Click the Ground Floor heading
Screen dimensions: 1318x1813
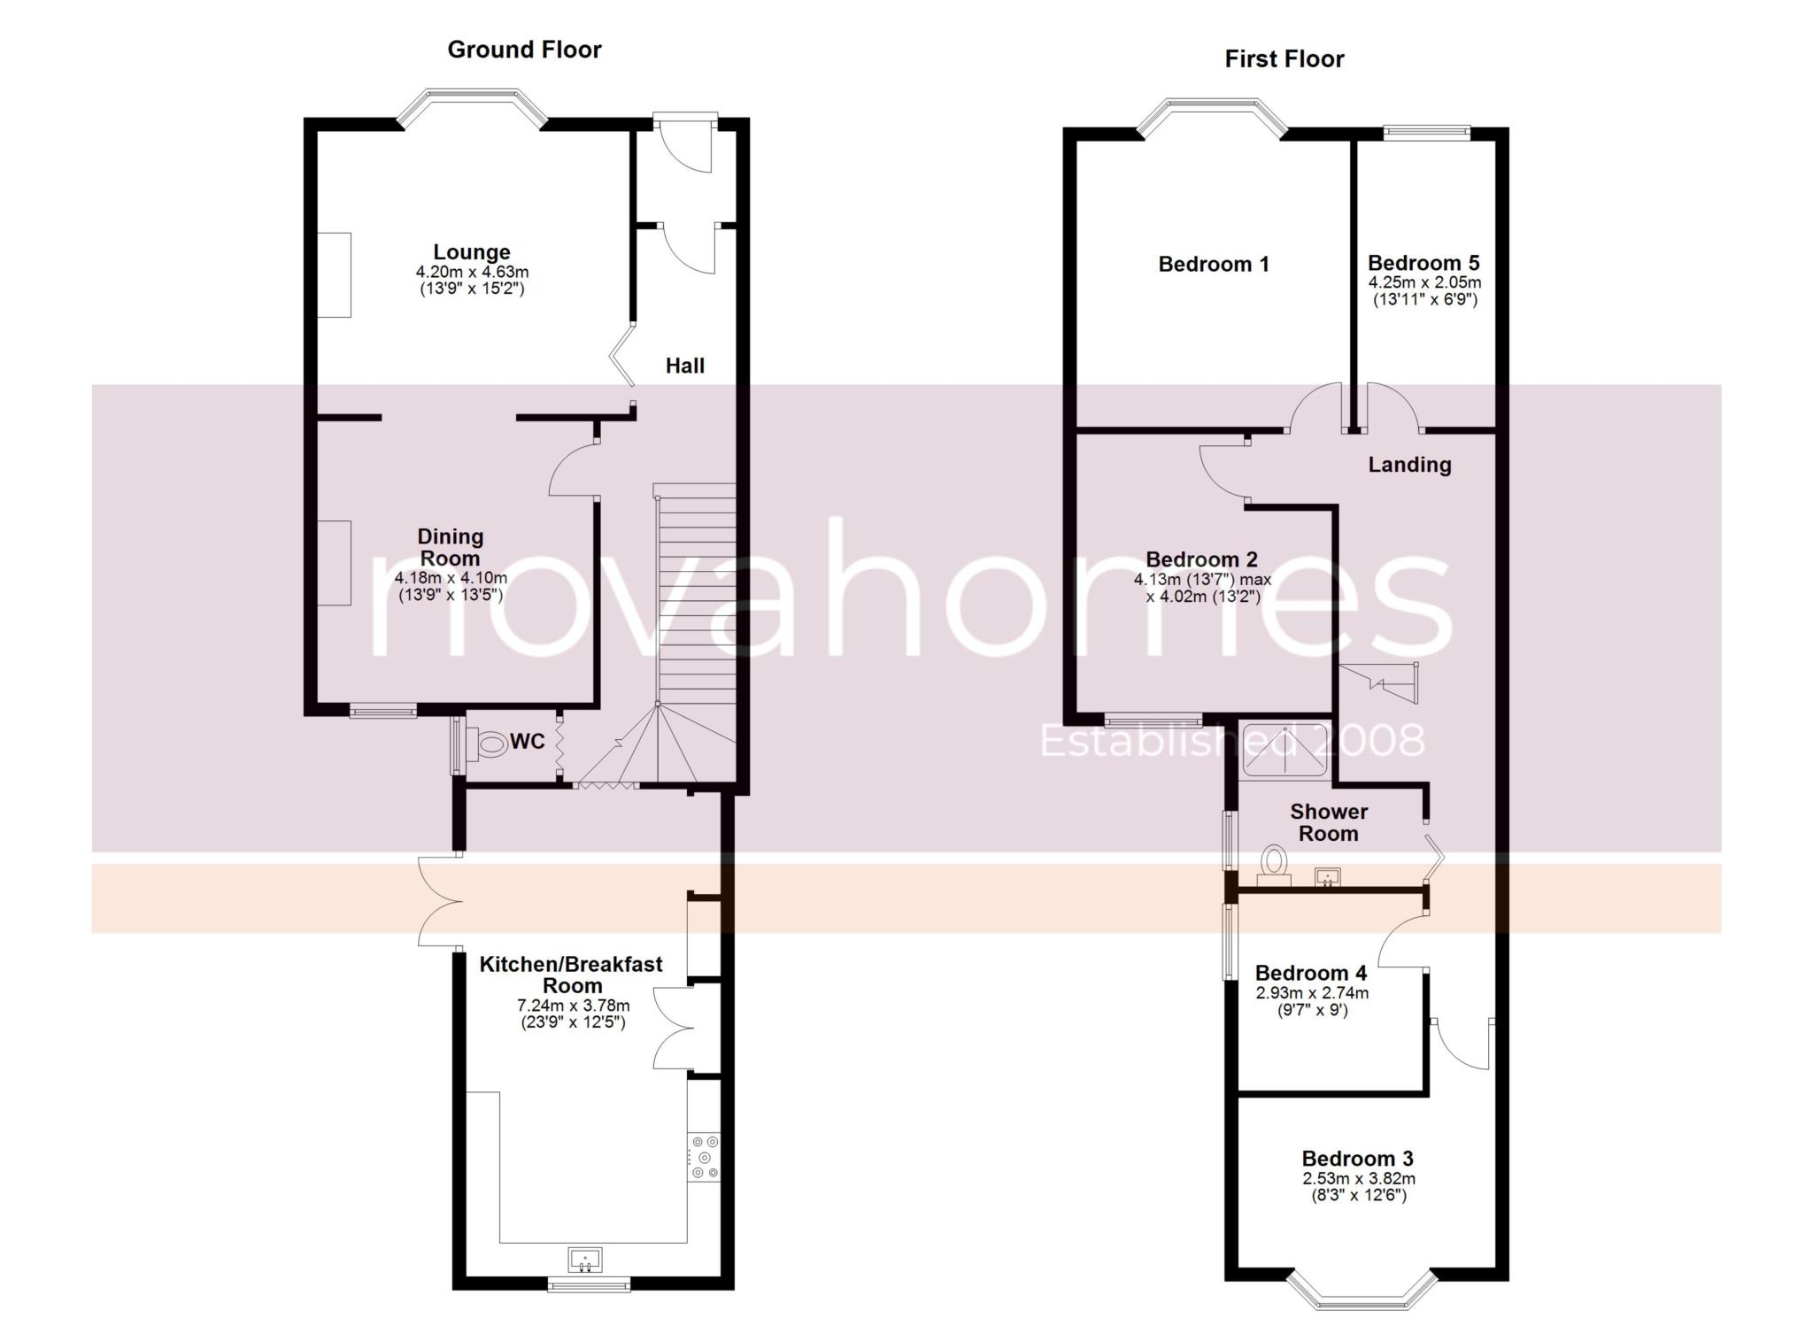(x=524, y=50)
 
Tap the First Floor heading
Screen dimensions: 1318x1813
(x=1284, y=59)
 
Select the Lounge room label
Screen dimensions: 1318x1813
(x=471, y=252)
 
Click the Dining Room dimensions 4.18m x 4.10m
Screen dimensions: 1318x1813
(x=450, y=578)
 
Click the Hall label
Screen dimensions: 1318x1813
(x=684, y=366)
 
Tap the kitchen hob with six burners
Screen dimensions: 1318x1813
(x=705, y=1157)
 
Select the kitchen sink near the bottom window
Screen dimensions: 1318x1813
(x=585, y=1258)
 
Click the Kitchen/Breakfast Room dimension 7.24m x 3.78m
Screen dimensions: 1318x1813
(x=573, y=1006)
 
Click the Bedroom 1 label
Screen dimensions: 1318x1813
(x=1213, y=264)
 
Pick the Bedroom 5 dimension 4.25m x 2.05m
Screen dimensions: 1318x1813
(x=1424, y=282)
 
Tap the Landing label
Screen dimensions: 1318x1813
(x=1409, y=465)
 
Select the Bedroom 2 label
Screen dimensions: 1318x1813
(x=1201, y=559)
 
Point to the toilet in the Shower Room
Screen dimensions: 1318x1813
(x=1274, y=863)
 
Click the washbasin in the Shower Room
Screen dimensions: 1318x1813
(x=1327, y=876)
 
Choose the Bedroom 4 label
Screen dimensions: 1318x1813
(x=1310, y=973)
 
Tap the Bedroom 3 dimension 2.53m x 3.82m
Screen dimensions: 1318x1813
(x=1358, y=1179)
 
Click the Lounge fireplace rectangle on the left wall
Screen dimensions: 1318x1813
(x=335, y=274)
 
